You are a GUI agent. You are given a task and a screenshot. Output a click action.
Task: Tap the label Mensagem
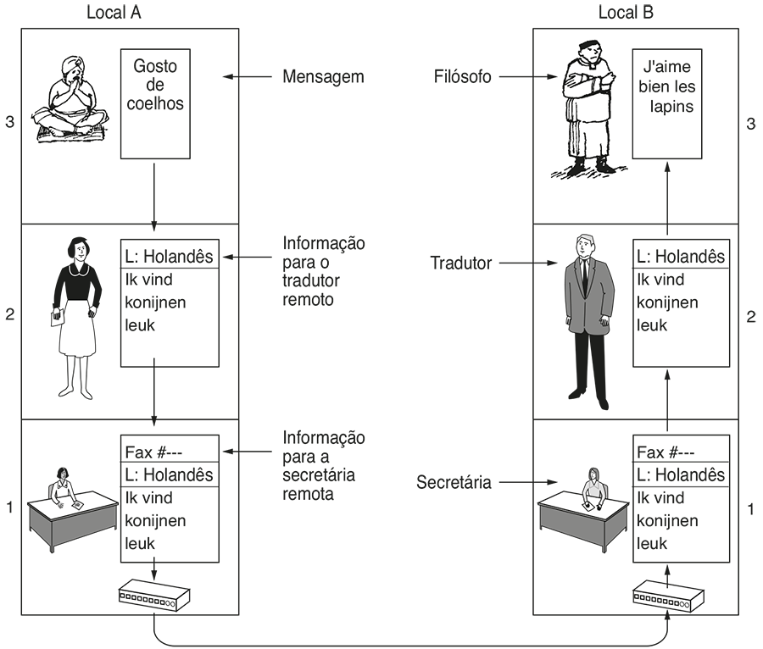point(323,77)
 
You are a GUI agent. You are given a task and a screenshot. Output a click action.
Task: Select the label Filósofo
point(461,77)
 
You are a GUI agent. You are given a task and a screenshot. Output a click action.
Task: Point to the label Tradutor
point(461,263)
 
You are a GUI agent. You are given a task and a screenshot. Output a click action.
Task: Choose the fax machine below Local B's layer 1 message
point(666,597)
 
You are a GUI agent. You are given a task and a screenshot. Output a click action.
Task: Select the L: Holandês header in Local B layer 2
point(681,256)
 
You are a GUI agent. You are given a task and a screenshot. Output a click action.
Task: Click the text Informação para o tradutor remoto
point(323,271)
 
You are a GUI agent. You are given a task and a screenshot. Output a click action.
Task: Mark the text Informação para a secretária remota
point(323,465)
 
